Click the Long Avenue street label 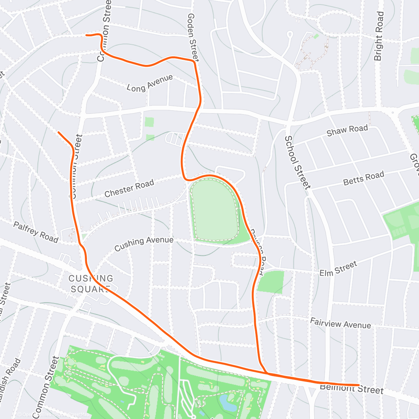pos(149,83)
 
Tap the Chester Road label pos(129,189)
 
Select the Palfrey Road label pos(36,231)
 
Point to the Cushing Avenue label pos(144,243)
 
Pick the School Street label pos(297,162)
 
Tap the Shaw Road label pos(347,130)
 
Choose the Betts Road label pos(363,178)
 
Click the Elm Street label pos(338,269)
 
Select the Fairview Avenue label pos(340,323)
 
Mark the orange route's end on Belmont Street pos(359,385)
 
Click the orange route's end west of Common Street pos(58,132)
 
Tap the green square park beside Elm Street pos(271,282)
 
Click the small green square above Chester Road pos(149,122)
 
